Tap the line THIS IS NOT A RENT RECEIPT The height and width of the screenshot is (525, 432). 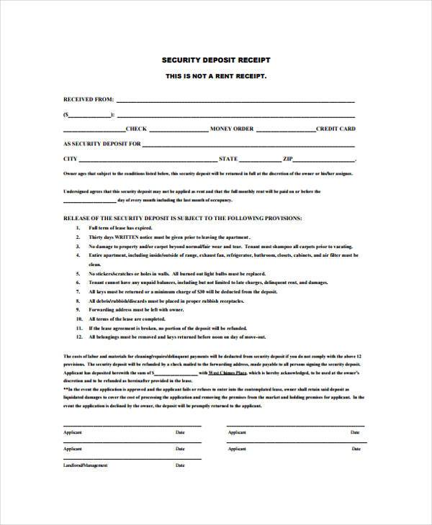215,76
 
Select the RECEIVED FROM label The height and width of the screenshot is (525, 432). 88,100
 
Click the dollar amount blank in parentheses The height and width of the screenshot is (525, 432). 88,114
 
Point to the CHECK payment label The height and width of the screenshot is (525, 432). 136,129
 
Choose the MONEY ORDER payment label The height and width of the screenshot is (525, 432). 232,129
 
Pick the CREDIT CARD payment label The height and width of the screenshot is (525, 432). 336,129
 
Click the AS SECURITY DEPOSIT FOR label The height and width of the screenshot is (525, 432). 102,144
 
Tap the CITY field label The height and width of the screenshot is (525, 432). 71,158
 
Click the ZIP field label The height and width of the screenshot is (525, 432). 288,158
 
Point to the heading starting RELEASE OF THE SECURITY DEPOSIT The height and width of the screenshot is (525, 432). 183,217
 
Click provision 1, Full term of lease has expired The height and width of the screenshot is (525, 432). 120,227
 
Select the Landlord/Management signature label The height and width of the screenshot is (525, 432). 86,465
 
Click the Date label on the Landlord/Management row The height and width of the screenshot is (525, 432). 180,465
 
